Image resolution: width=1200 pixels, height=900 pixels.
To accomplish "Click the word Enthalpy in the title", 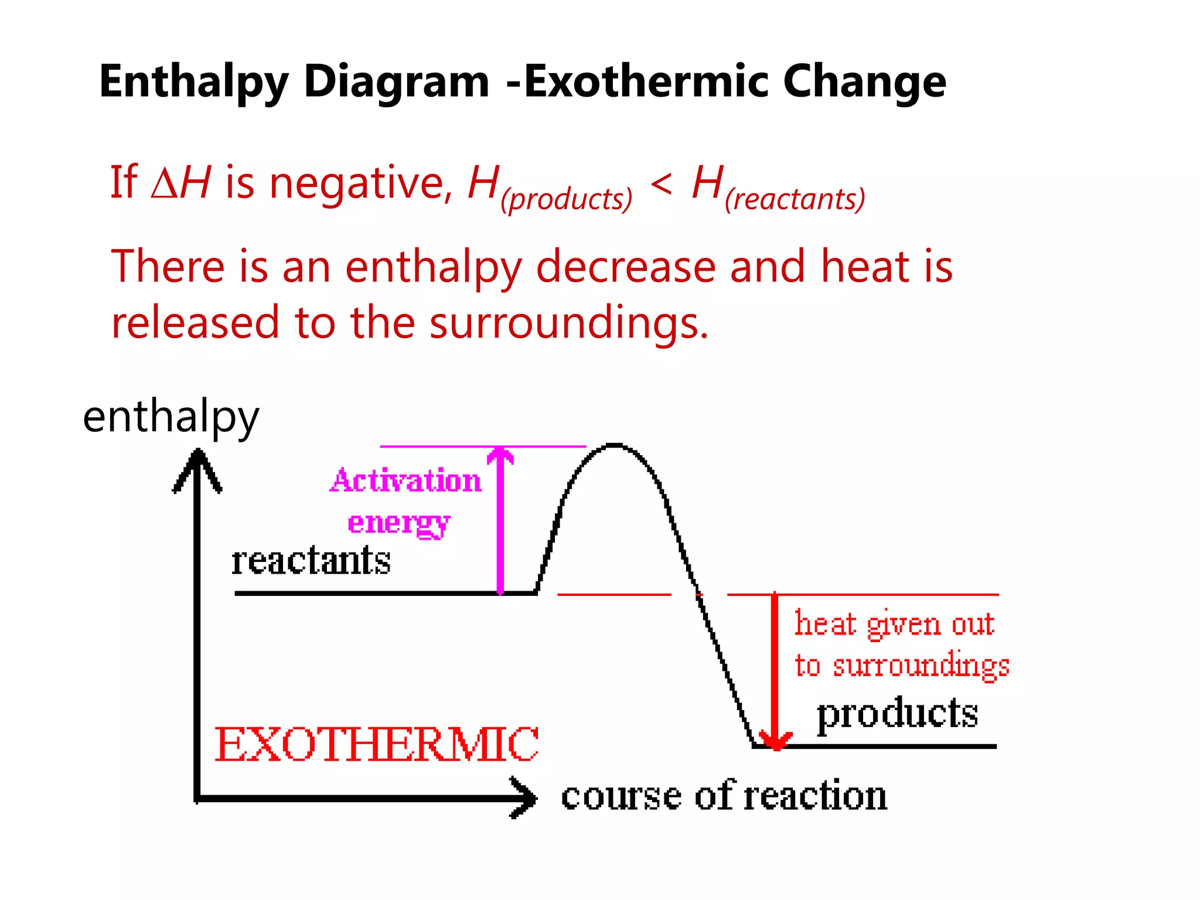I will (193, 82).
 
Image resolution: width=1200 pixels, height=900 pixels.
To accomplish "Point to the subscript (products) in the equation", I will (567, 199).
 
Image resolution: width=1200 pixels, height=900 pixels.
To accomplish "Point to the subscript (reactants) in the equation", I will (795, 199).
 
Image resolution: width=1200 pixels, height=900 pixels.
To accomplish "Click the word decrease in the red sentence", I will (626, 267).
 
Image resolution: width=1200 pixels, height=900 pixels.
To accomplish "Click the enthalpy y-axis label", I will (171, 417).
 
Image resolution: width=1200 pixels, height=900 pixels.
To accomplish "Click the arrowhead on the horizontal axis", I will (523, 797).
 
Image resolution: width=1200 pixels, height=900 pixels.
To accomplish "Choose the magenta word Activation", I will (405, 481).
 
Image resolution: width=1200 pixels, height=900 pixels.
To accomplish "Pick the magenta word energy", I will (399, 523).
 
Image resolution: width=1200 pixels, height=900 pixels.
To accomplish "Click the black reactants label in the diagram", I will (311, 561).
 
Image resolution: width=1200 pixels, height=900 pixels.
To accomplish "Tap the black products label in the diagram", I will (897, 714).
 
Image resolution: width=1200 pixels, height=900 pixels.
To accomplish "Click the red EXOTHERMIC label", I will (376, 745).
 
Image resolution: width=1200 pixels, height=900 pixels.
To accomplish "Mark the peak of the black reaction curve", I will (613, 445).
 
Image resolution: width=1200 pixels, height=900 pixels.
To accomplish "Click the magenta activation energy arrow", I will (500, 521).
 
